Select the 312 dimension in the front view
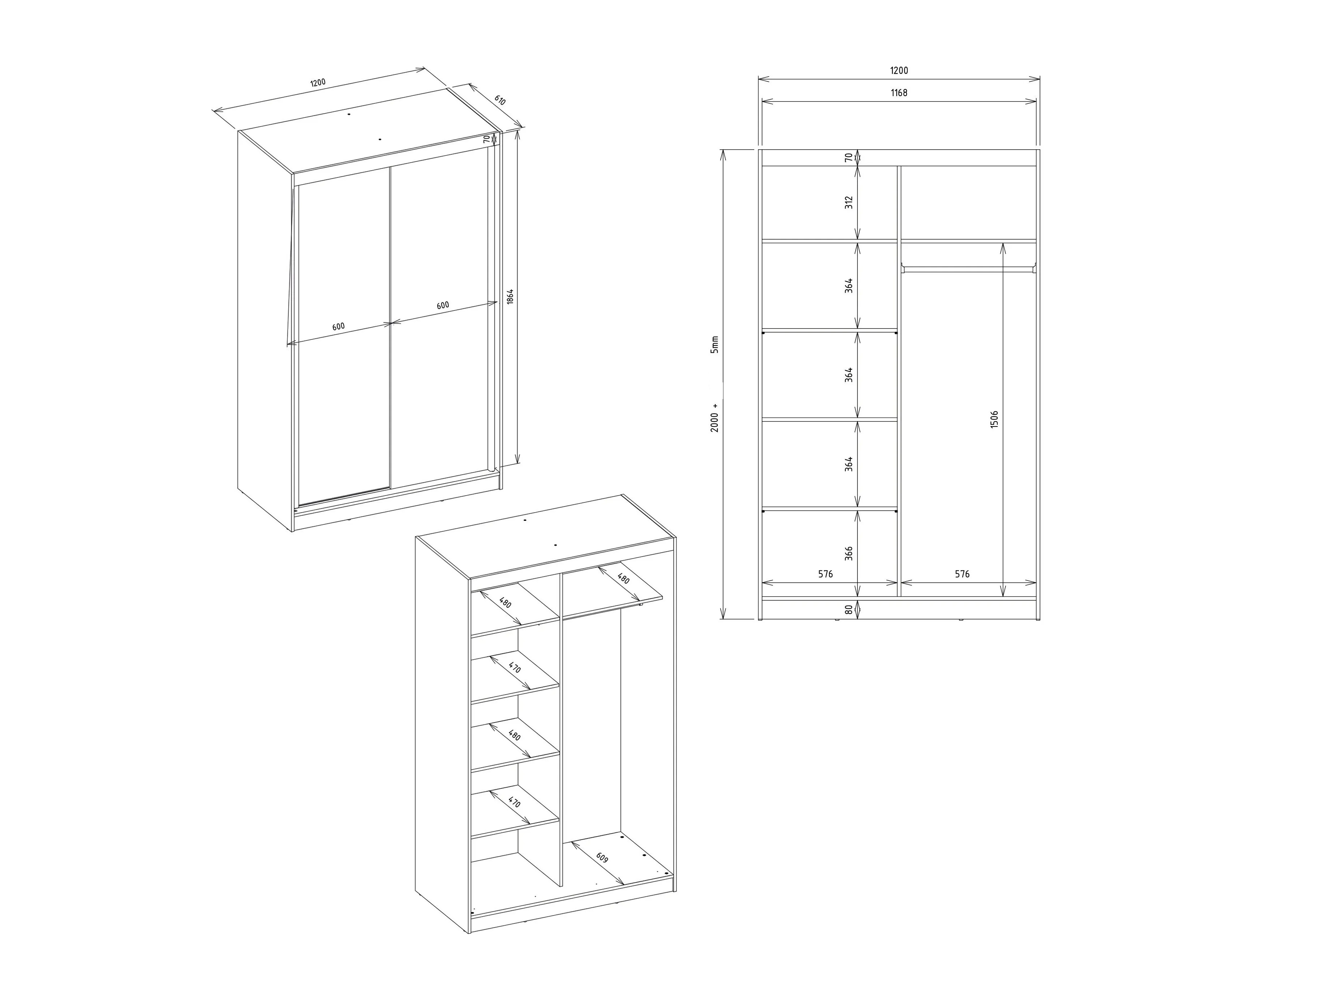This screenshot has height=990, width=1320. (848, 202)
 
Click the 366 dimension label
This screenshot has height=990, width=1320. (848, 553)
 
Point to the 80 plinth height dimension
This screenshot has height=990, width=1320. (848, 609)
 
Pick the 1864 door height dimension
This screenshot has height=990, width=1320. (509, 297)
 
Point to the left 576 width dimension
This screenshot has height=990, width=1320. (825, 574)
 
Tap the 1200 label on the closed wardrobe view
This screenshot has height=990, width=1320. (318, 82)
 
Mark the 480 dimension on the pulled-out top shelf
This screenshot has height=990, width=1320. (623, 578)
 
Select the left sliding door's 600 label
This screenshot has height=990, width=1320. (338, 326)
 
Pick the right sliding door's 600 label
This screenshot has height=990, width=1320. (442, 305)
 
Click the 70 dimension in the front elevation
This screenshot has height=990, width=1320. (848, 158)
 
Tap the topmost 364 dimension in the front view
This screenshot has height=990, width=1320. (848, 285)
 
